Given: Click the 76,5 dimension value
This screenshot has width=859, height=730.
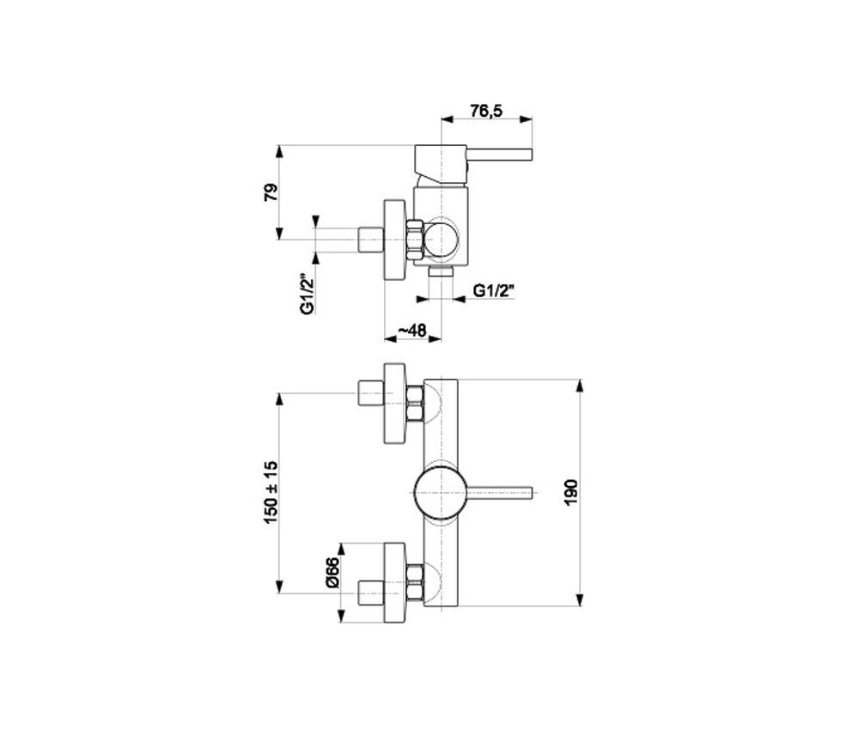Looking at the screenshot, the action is [486, 111].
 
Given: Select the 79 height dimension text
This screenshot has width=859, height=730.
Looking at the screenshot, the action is [271, 192].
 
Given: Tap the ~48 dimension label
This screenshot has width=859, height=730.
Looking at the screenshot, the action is [411, 331].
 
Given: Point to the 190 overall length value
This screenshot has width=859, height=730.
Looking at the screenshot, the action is [570, 492].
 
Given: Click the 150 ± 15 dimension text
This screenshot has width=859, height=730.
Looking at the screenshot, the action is [271, 492].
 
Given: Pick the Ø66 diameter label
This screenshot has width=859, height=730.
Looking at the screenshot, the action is [332, 572].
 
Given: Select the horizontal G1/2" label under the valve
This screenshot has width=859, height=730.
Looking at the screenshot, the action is [495, 290].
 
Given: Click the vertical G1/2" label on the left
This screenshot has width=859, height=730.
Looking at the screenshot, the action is [308, 294].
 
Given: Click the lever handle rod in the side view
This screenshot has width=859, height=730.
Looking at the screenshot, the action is [499, 155].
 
